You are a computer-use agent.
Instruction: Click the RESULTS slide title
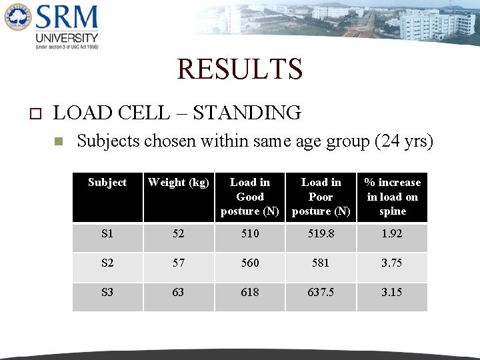click(x=239, y=69)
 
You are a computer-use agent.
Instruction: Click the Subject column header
click(x=107, y=182)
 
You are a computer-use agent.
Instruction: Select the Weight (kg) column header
click(x=179, y=182)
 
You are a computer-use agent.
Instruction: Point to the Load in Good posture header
click(x=250, y=197)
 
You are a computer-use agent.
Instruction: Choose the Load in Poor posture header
click(x=321, y=197)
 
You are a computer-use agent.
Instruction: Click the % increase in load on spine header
click(x=392, y=197)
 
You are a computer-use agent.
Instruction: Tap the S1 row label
click(x=107, y=234)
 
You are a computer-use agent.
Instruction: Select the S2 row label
click(x=107, y=263)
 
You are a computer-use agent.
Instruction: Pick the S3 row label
click(x=107, y=292)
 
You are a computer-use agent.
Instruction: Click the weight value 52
click(x=179, y=234)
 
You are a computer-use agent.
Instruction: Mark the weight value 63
click(x=179, y=292)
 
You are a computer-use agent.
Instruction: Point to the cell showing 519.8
click(x=321, y=234)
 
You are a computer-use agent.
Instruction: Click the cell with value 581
click(x=321, y=263)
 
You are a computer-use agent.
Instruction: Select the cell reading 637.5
click(x=321, y=292)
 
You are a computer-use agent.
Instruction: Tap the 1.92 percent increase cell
click(x=392, y=234)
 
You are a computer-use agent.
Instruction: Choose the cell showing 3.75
click(x=392, y=263)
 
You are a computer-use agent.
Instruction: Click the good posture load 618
click(x=250, y=292)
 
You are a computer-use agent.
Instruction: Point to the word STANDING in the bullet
click(x=247, y=113)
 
